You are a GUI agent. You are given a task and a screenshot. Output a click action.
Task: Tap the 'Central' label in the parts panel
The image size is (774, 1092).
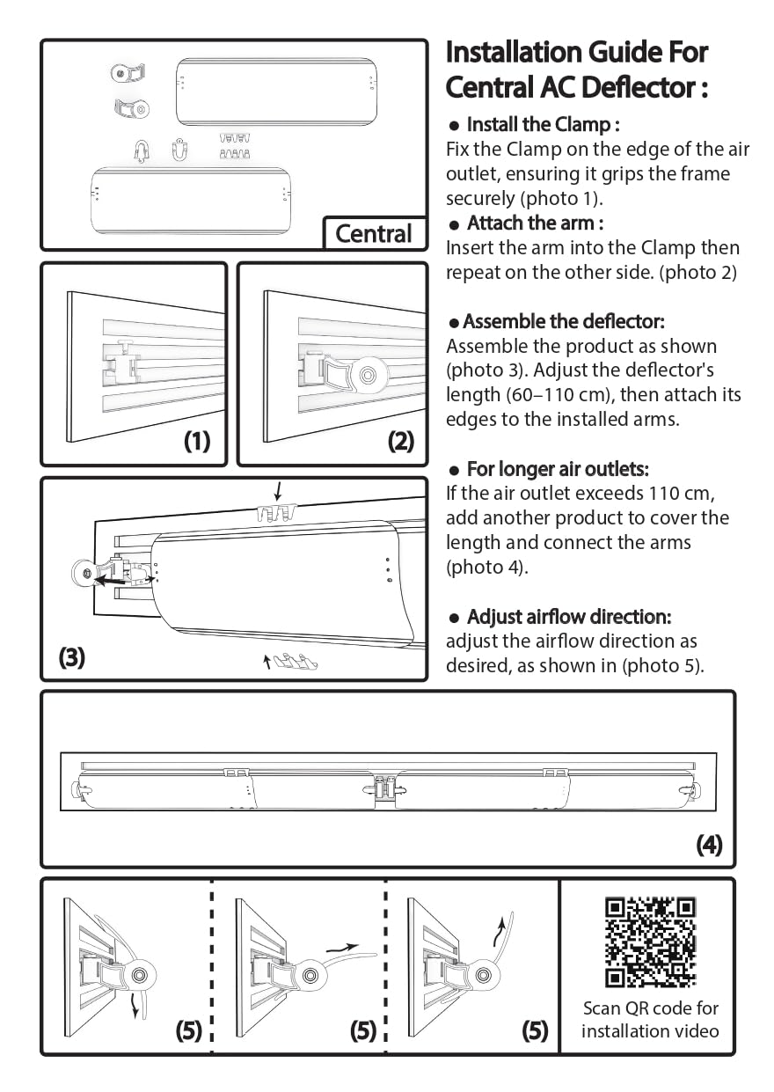coord(373,234)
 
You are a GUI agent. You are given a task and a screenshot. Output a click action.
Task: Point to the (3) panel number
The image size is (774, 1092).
coord(72,657)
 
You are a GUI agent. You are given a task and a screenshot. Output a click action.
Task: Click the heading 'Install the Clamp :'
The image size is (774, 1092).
coord(543,124)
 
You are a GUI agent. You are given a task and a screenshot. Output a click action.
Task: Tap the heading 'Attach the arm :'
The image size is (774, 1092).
coord(534,223)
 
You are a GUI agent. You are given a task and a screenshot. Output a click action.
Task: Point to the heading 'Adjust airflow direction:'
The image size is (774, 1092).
coord(569,616)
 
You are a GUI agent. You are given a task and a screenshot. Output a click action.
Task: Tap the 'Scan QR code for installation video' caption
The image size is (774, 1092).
coord(650,1019)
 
